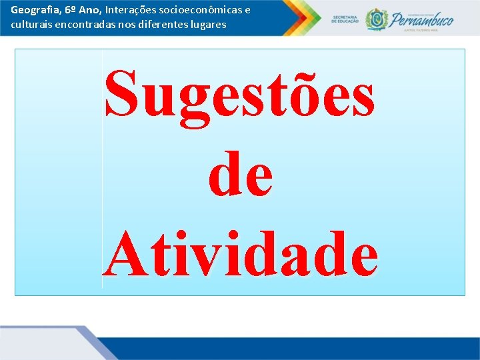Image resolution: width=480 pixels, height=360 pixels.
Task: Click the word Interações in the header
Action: coord(129,11)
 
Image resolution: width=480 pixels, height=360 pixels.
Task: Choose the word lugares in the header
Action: coord(207,25)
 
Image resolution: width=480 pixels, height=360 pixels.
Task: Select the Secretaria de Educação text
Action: coord(345,20)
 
